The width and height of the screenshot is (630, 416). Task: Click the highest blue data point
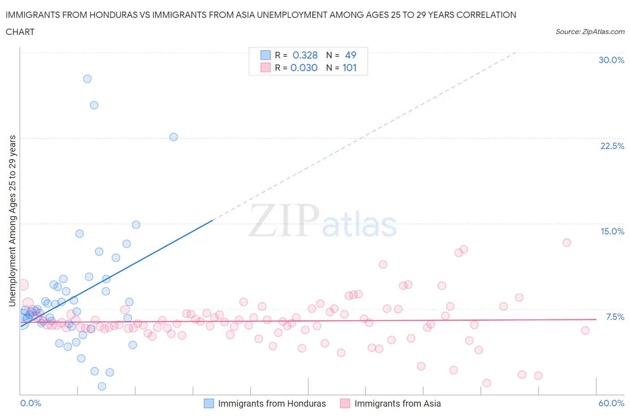[x=87, y=79]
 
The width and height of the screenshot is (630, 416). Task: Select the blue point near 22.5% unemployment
[x=173, y=137]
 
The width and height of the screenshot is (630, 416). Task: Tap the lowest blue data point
[x=102, y=386]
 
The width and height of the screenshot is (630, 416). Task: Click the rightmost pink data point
[x=585, y=331]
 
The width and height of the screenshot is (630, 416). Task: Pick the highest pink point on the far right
[x=566, y=242]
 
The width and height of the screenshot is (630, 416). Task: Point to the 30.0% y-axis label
[x=611, y=60]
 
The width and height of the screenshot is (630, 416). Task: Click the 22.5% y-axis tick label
[x=612, y=146]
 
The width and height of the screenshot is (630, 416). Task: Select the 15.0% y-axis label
[x=612, y=231]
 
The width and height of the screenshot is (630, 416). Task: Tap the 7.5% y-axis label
[x=615, y=317]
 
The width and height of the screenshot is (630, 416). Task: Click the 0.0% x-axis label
[x=30, y=403]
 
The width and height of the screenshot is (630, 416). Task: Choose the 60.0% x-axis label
[x=611, y=403]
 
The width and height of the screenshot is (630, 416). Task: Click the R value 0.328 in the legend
[x=305, y=55]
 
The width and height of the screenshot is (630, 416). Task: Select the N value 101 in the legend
[x=350, y=68]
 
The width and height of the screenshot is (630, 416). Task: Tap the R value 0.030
[x=304, y=68]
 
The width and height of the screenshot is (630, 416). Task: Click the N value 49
[x=350, y=55]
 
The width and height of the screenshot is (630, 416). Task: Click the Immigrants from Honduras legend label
[x=272, y=403]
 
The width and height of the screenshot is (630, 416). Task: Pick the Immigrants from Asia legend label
[x=397, y=403]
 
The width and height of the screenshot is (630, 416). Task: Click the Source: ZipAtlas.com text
[x=590, y=31]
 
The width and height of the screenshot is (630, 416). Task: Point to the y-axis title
[x=12, y=221]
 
